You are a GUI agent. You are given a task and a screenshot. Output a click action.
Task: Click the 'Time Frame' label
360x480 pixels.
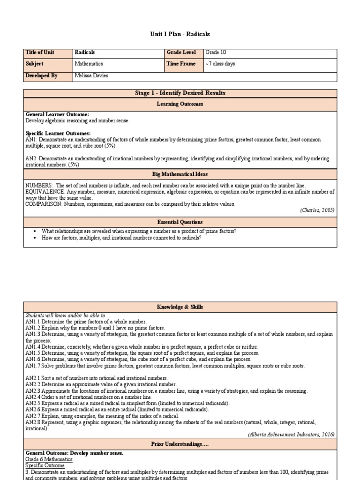pos(181,64)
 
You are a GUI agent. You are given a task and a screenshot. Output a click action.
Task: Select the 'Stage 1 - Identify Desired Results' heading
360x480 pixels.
pos(180,93)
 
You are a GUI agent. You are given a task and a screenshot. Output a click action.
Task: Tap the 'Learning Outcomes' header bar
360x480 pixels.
pos(180,104)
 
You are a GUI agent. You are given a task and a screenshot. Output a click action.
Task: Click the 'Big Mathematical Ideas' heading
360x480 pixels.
pos(180,174)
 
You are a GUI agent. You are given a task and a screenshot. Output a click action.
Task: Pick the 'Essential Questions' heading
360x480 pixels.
pos(180,222)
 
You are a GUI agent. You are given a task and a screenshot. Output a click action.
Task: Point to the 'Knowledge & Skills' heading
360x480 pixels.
pos(180,307)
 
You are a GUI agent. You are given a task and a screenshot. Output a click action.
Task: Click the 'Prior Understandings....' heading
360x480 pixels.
pos(180,443)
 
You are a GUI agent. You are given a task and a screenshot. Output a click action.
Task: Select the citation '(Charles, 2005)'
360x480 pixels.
pos(317,210)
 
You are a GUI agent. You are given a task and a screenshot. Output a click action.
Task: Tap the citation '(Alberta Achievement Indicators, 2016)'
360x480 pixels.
pos(291,435)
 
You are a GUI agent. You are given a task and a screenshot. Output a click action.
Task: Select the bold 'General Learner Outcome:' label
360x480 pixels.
pos(57,114)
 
